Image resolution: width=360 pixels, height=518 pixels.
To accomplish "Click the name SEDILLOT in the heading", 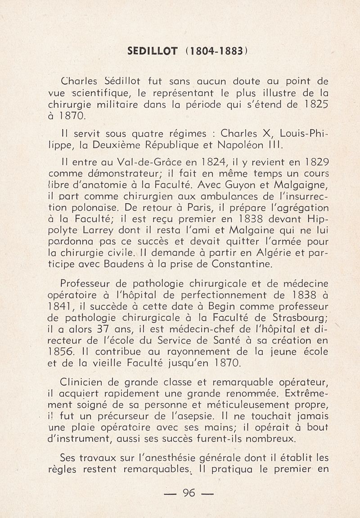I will tap(152, 52).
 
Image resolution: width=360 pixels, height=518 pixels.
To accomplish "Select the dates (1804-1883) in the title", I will tap(214, 52).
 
